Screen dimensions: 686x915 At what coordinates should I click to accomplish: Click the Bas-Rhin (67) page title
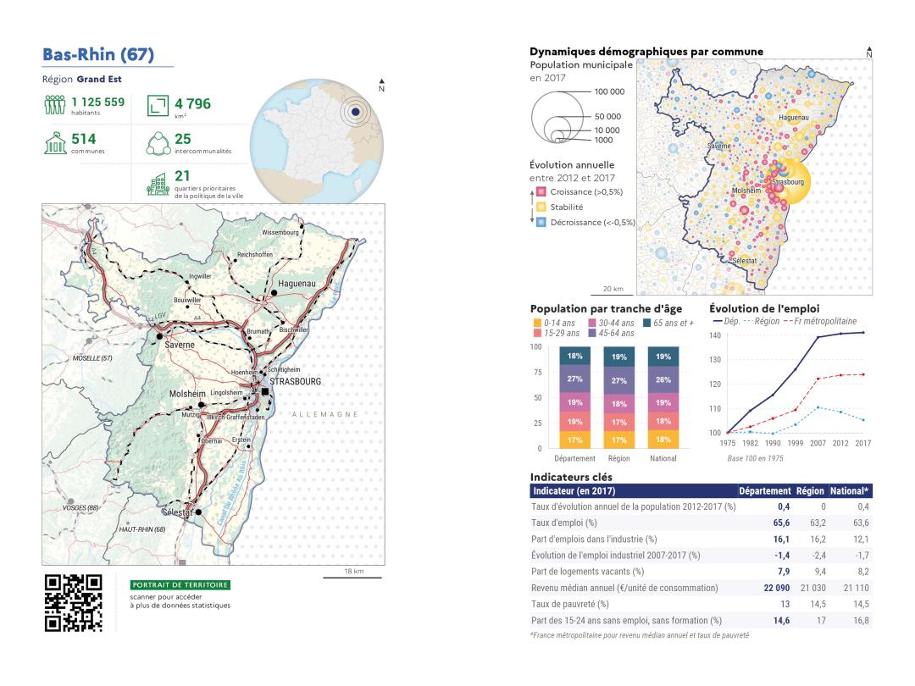tap(98, 55)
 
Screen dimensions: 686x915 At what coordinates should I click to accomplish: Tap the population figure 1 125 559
tap(97, 102)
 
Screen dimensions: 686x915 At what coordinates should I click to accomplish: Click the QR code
tap(73, 603)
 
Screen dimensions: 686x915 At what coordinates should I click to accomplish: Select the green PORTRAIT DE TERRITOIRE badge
tap(180, 585)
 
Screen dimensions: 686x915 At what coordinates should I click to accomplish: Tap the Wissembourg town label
tap(280, 232)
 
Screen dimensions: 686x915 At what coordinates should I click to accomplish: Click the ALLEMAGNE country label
tap(324, 414)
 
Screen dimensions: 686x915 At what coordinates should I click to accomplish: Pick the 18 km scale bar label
tap(354, 572)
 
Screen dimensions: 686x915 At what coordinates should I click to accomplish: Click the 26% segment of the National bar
tap(663, 379)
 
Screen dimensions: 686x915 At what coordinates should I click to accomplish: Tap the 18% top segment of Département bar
tap(575, 357)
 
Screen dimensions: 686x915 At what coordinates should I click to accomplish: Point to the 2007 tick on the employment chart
tap(818, 442)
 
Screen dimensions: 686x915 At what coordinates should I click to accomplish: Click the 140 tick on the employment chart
tap(715, 336)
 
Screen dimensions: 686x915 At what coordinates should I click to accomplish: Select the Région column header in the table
tap(810, 490)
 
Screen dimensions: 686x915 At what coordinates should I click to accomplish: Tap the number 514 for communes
tap(84, 139)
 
